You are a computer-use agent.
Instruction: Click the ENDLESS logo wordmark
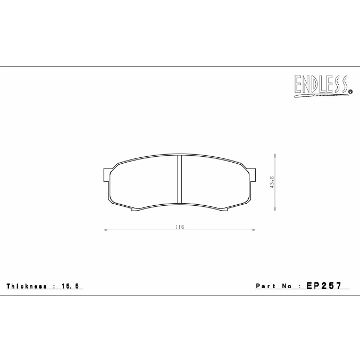click(x=320, y=83)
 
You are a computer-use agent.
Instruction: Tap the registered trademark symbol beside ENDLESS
click(x=350, y=92)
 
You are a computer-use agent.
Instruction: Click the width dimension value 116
click(x=179, y=227)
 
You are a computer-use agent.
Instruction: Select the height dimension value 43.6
click(x=272, y=182)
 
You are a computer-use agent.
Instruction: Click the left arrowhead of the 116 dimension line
click(x=105, y=230)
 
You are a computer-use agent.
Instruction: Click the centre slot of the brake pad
click(x=179, y=179)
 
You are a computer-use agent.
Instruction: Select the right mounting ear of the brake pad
click(x=253, y=174)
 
